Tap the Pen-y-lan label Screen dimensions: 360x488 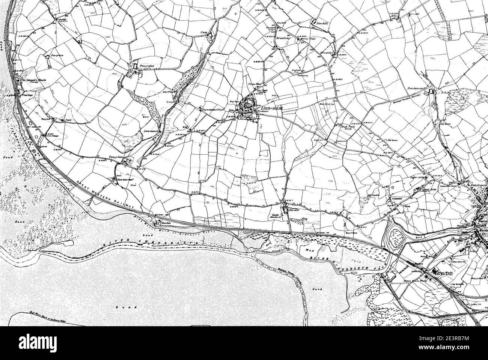coord(55,56)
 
